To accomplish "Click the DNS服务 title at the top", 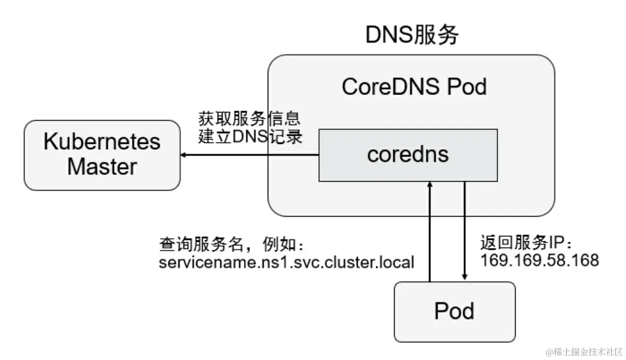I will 412,35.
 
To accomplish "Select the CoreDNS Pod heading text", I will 414,87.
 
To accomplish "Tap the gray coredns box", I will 408,155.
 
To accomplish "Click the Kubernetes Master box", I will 102,155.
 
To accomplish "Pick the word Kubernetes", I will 102,142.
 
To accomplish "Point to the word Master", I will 102,167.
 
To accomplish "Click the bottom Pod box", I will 454,312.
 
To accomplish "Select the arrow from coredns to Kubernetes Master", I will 249,155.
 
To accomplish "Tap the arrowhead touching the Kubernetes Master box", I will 184,155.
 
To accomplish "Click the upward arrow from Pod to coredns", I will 429,233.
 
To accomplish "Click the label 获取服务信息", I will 250,119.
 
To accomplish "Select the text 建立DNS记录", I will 250,137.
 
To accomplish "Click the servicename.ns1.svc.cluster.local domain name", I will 287,263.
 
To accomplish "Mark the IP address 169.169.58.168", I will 539,260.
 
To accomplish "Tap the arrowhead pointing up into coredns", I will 429,185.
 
